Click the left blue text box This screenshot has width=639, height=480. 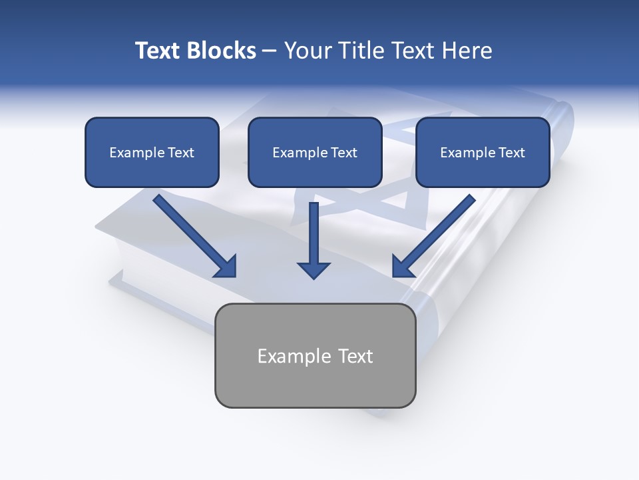click(152, 152)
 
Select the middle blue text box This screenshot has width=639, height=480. click(315, 152)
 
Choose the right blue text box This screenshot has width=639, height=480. click(483, 152)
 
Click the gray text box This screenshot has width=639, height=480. click(315, 355)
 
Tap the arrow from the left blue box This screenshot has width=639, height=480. click(193, 234)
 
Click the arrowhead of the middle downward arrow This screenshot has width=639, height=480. click(314, 269)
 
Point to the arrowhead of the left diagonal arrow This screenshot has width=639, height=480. click(226, 267)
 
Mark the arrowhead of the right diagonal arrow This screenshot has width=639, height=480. click(402, 267)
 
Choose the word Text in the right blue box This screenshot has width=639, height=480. click(512, 153)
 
